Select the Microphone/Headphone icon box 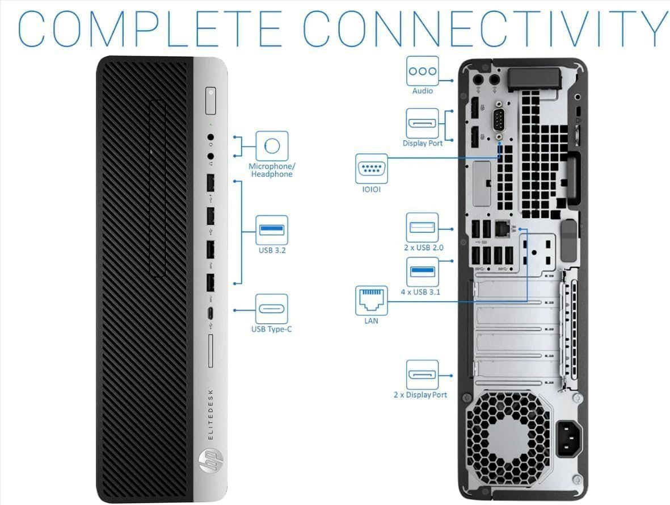point(272,147)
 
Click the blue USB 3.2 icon point(272,229)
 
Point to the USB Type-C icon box point(272,308)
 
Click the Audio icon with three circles point(423,71)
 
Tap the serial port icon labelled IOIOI point(372,168)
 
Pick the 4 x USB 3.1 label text point(420,292)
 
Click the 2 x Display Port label point(420,395)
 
